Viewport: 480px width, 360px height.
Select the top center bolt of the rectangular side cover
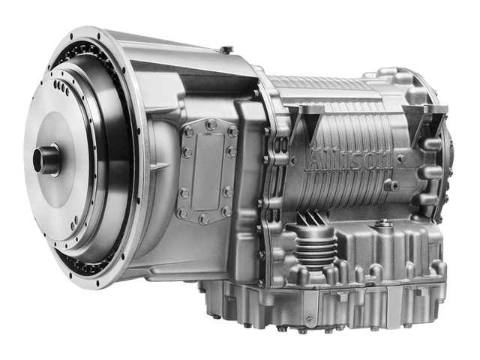(211, 124)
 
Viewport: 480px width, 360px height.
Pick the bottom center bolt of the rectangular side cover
(203, 218)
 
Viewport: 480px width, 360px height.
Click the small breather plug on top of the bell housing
(226, 49)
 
